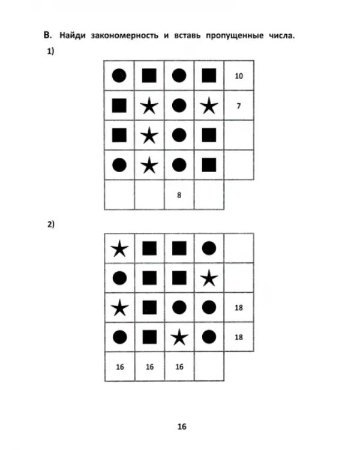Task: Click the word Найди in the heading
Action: click(73, 35)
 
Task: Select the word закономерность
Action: click(125, 35)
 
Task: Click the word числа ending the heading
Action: click(282, 35)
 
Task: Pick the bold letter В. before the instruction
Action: click(47, 35)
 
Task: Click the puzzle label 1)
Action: click(50, 52)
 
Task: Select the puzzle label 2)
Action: click(50, 224)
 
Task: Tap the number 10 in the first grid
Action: click(239, 76)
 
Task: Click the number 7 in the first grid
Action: click(239, 106)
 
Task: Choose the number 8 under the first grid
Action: click(179, 195)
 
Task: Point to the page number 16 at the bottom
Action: click(182, 427)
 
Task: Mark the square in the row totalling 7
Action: click(119, 106)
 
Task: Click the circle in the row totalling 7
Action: click(179, 106)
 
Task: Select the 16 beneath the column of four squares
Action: click(149, 367)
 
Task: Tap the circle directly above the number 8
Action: click(179, 165)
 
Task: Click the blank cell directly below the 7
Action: click(239, 135)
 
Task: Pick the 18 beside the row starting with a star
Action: click(239, 308)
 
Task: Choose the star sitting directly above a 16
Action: click(179, 337)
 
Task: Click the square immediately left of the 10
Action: click(209, 76)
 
